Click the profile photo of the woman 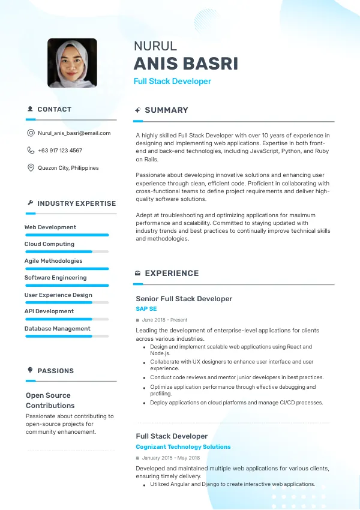(x=72, y=64)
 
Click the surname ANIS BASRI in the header (x=185, y=64)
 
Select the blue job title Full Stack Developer (x=172, y=82)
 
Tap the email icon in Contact (x=31, y=133)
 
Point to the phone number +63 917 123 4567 (x=60, y=151)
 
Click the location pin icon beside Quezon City (x=31, y=168)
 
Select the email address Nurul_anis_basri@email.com (x=74, y=133)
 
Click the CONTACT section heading (x=54, y=109)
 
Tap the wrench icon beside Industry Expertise (x=31, y=203)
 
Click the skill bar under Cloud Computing (x=66, y=251)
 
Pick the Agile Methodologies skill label (x=53, y=261)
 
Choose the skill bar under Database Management (x=66, y=336)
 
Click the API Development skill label (x=49, y=311)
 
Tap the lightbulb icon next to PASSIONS (x=31, y=370)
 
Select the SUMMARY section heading (x=166, y=110)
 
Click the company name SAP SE (x=146, y=309)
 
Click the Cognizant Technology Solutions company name (x=183, y=447)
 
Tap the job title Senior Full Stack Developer (x=184, y=299)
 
